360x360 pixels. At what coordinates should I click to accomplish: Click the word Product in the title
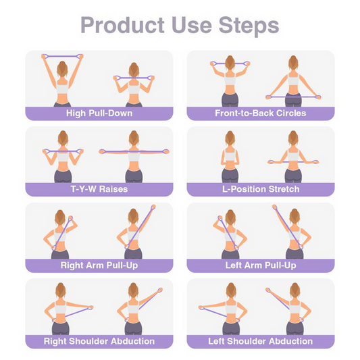click(x=122, y=25)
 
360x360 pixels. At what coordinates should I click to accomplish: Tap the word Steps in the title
click(x=249, y=25)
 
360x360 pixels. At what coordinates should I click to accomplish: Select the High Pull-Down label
click(x=99, y=113)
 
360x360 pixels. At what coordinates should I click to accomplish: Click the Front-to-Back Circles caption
click(x=261, y=113)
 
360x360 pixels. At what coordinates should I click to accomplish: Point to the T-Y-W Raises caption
click(x=99, y=189)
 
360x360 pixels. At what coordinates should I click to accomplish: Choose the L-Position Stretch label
click(x=261, y=189)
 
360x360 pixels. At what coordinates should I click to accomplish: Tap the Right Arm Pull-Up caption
click(x=99, y=265)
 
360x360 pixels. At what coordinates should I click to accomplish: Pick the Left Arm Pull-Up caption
click(x=261, y=265)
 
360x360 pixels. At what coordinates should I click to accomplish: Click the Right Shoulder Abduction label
click(x=99, y=341)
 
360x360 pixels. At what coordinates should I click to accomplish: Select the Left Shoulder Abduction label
click(x=261, y=341)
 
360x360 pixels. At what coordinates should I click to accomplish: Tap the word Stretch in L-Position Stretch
click(x=284, y=189)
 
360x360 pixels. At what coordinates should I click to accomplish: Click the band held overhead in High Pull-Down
click(x=62, y=56)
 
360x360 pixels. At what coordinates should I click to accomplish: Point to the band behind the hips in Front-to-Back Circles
click(x=293, y=97)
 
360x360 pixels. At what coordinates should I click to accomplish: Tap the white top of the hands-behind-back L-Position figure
click(x=230, y=155)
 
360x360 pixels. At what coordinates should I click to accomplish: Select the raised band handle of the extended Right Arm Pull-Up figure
click(x=153, y=207)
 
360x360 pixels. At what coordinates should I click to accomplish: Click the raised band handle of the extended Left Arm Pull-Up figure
click(x=275, y=207)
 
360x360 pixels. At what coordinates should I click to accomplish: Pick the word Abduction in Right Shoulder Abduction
click(x=132, y=341)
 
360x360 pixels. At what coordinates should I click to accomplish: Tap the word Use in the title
click(x=191, y=25)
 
